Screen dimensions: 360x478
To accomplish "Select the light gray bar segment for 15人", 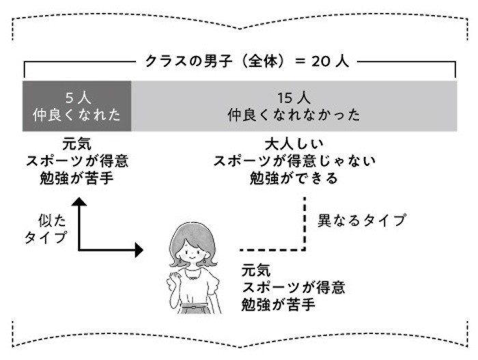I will pyautogui.click(x=294, y=106).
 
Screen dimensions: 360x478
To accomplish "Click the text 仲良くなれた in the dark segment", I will pyautogui.click(x=76, y=115).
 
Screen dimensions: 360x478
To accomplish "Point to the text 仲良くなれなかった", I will pyautogui.click(x=294, y=115).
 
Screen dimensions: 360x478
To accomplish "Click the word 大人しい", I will pyautogui.click(x=294, y=146).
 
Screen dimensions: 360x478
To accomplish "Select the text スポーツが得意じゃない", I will pyautogui.click(x=294, y=162).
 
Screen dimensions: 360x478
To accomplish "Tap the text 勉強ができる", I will pyautogui.click(x=294, y=179).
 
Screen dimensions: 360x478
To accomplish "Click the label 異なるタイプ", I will pyautogui.click(x=363, y=221).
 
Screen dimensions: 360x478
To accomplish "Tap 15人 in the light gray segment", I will pyautogui.click(x=294, y=96).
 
